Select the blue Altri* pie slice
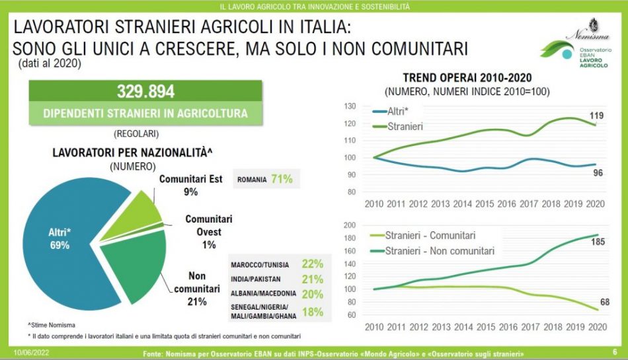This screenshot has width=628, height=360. tap(59, 238)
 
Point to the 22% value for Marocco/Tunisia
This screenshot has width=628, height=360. tap(312, 264)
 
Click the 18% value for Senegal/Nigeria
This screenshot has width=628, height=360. tap(312, 312)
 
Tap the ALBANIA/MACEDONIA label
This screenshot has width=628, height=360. tap(262, 295)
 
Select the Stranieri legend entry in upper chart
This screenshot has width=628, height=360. tap(407, 126)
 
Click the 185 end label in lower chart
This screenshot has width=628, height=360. tap(598, 243)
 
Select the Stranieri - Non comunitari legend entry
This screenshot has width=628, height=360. tap(439, 250)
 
